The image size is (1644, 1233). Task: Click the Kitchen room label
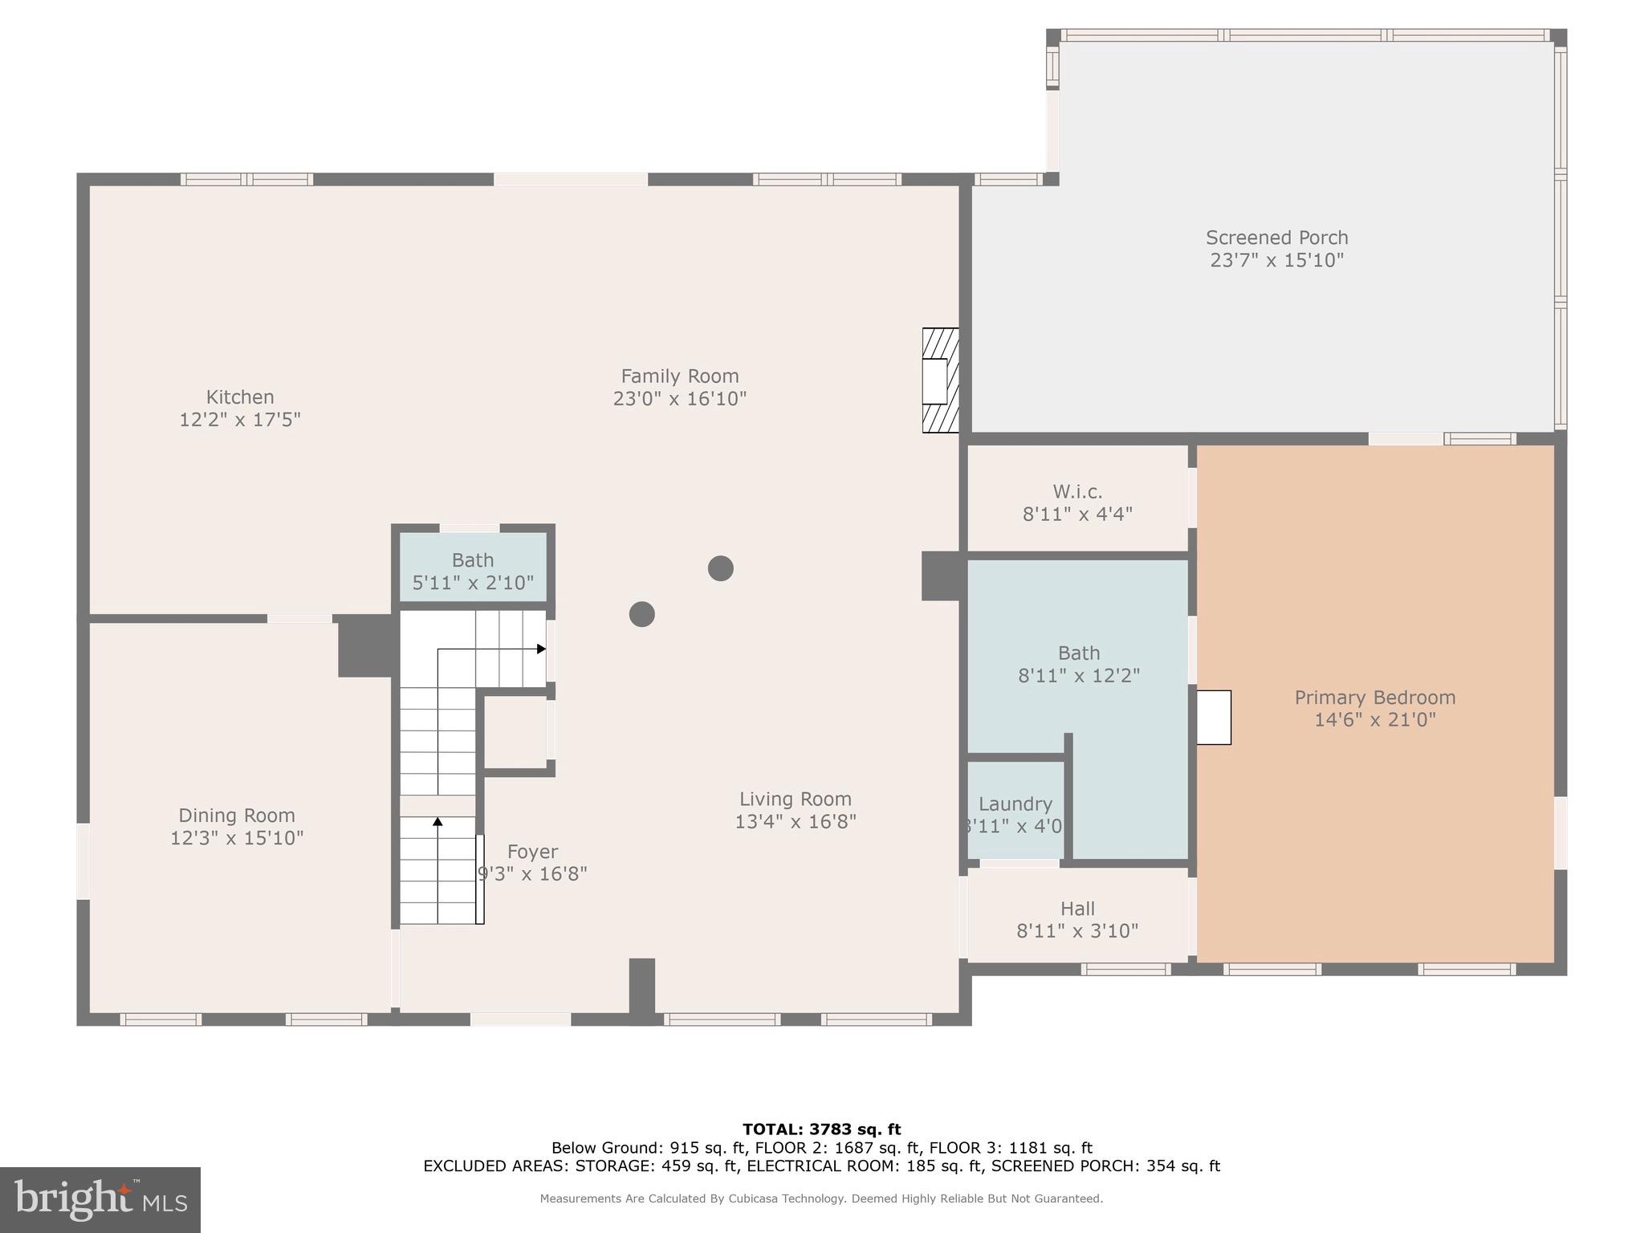240,397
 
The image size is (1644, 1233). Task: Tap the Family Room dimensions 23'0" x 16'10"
679,399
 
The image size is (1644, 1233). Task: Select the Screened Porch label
1276,238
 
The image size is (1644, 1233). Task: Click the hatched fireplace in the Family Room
940,380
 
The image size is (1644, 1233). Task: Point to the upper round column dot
720,568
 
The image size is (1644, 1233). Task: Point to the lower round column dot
641,614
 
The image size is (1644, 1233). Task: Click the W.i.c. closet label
1077,491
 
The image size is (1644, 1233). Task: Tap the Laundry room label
1015,804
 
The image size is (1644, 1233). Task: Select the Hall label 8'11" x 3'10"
1077,920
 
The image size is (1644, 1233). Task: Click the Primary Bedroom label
1374,698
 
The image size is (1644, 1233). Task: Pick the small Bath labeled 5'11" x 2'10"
473,572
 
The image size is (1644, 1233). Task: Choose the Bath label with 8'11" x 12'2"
1079,664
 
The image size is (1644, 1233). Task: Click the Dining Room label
237,816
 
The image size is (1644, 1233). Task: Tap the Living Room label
795,799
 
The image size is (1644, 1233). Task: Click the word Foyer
532,852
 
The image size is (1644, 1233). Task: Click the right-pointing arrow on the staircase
541,649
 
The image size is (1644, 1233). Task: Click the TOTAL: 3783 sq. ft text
821,1129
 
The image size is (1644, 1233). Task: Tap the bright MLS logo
100,1200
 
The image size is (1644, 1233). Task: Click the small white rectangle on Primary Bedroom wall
1214,717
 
